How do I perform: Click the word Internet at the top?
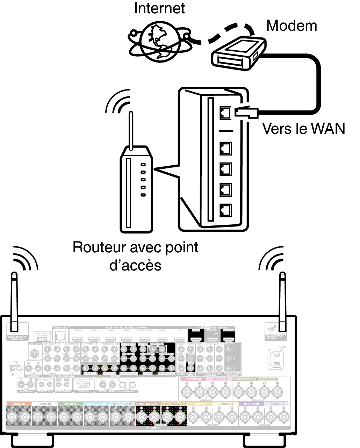point(159,9)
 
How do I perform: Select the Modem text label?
point(291,26)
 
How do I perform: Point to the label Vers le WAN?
point(303,129)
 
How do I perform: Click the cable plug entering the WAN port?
point(247,112)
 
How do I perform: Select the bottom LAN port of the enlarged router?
point(225,210)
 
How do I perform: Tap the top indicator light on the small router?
point(143,165)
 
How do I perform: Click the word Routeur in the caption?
point(99,247)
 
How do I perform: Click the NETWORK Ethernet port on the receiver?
point(61,337)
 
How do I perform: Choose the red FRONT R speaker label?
point(19,404)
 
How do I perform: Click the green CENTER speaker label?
point(70,404)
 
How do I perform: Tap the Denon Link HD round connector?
point(35,354)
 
